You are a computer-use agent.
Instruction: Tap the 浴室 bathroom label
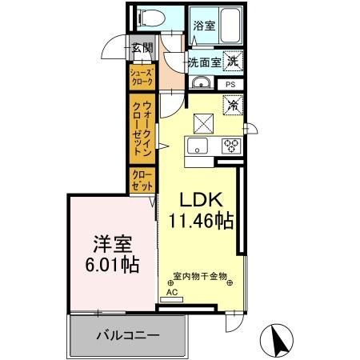point(204,26)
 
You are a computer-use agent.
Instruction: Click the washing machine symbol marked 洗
point(230,60)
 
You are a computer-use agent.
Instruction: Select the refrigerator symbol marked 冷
point(232,105)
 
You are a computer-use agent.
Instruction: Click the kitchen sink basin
point(198,145)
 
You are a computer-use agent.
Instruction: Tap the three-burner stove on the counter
point(232,145)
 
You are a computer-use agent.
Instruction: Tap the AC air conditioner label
point(171,292)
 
